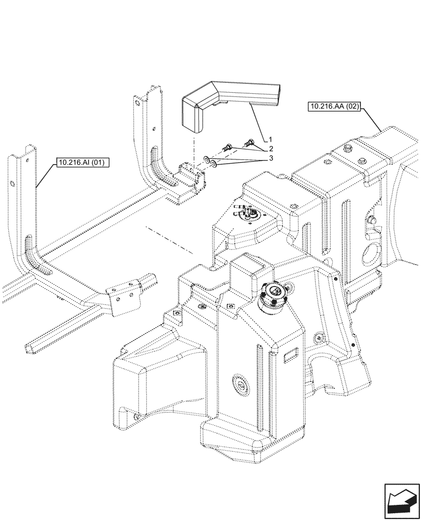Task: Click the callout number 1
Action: pyautogui.click(x=271, y=140)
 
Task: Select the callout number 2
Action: pyautogui.click(x=271, y=148)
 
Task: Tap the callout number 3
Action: pyautogui.click(x=271, y=158)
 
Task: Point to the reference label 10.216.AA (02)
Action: pyautogui.click(x=334, y=107)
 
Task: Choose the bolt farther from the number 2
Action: pyautogui.click(x=227, y=147)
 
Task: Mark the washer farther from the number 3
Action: pyautogui.click(x=207, y=159)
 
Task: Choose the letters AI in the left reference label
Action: pyautogui.click(x=85, y=163)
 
